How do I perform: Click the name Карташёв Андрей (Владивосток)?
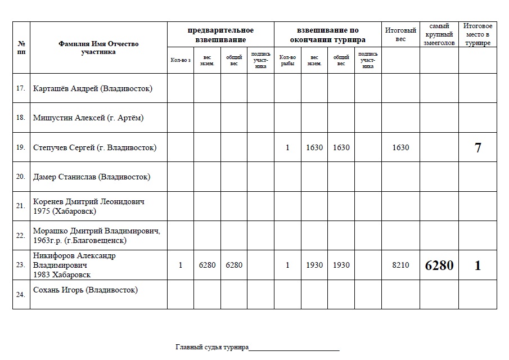click(x=92, y=89)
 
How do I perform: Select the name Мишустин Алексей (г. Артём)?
click(x=88, y=118)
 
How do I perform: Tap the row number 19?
click(x=21, y=148)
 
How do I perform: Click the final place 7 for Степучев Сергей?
click(x=478, y=148)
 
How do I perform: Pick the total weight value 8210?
click(x=400, y=265)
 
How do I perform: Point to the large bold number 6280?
click(x=439, y=265)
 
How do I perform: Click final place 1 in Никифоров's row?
click(x=478, y=265)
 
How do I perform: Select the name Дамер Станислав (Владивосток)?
click(x=91, y=177)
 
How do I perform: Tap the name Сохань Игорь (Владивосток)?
click(x=85, y=290)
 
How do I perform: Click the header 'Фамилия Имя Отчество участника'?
click(x=98, y=48)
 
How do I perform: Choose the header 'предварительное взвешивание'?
click(x=220, y=35)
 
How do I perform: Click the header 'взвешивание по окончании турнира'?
click(x=327, y=35)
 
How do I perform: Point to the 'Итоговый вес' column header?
click(x=400, y=34)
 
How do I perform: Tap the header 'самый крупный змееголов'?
click(x=439, y=34)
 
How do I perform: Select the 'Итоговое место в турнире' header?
click(x=478, y=34)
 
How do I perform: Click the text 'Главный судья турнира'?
click(x=212, y=348)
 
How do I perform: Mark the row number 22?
click(x=21, y=236)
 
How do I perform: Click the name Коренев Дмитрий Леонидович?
click(x=92, y=201)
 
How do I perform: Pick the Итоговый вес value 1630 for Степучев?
click(x=400, y=148)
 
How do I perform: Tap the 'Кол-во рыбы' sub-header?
click(x=287, y=60)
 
